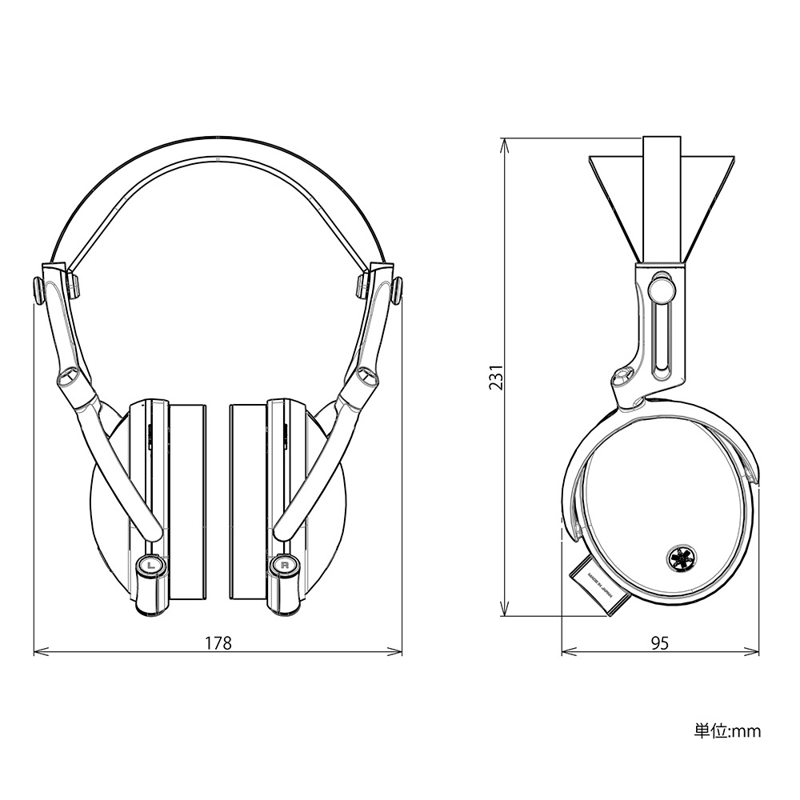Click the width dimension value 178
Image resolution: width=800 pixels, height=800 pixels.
tap(218, 642)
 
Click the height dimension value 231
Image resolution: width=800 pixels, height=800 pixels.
tap(496, 377)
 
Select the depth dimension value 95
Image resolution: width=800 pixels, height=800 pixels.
tap(660, 642)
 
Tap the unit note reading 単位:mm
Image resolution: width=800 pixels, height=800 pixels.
tap(727, 730)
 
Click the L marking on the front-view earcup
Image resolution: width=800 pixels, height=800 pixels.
tap(150, 565)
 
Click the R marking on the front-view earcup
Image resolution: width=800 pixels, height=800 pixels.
tap(285, 565)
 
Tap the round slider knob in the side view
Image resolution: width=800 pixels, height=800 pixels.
tap(661, 284)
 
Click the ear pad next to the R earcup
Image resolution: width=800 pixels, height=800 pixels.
tap(247, 502)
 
